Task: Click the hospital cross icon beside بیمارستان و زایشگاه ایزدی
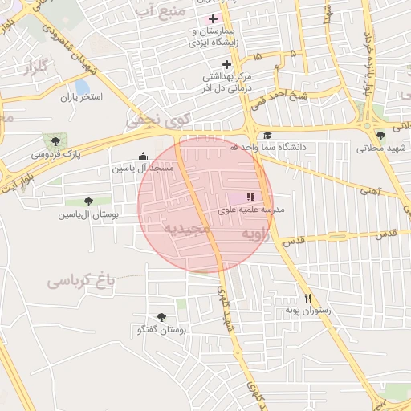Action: [x=212, y=18]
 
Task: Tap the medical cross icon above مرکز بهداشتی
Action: [x=227, y=64]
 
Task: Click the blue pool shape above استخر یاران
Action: [x=81, y=86]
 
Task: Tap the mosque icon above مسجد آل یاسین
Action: [x=144, y=157]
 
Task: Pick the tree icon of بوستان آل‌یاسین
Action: [x=88, y=201]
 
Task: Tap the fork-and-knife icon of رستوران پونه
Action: [x=306, y=296]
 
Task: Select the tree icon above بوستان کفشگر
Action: [x=162, y=317]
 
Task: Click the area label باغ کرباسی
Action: [x=81, y=280]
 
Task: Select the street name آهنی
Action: [x=370, y=191]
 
